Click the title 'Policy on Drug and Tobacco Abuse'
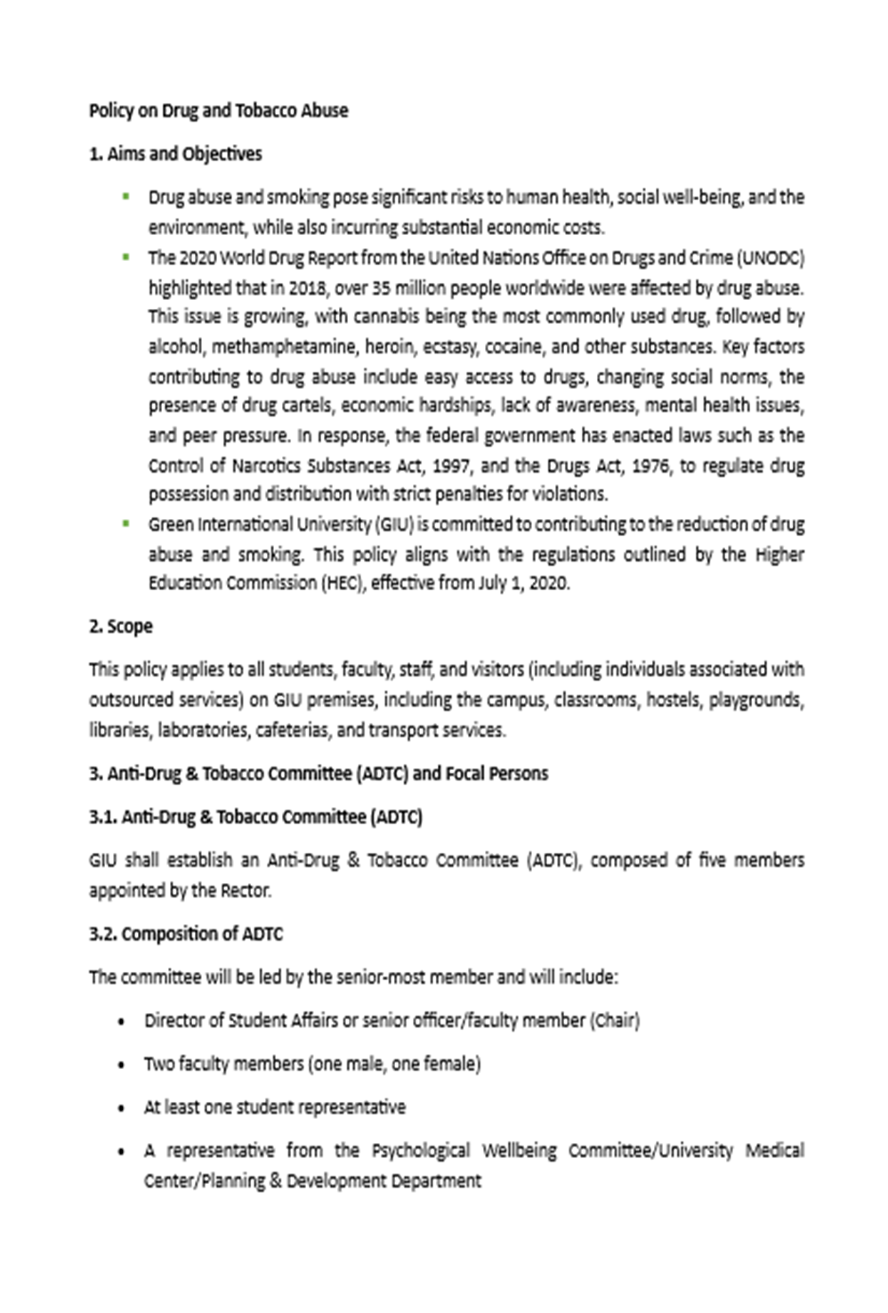[218, 111]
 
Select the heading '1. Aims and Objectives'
[175, 154]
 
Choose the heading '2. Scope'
[121, 627]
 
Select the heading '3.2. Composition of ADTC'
[186, 935]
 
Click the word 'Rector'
[246, 891]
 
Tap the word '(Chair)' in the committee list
[615, 1021]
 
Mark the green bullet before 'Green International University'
[126, 523]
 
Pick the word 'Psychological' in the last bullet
[420, 1151]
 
